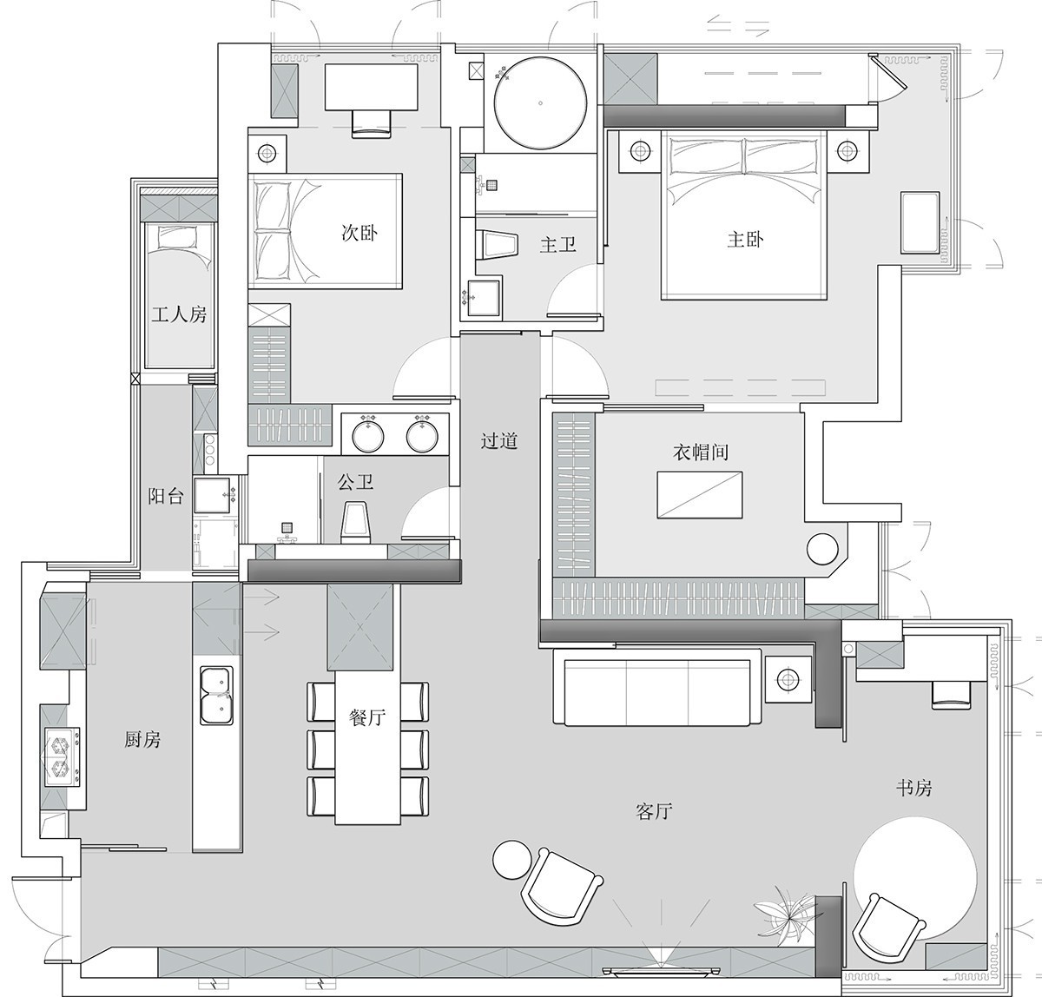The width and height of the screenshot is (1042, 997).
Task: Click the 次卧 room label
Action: pos(359,233)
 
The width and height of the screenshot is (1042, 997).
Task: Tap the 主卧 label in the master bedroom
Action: pos(745,240)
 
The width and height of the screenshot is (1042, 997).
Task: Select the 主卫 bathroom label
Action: pos(558,245)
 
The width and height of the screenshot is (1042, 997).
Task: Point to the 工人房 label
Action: pos(179,314)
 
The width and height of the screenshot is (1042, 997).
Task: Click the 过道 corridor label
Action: pos(499,440)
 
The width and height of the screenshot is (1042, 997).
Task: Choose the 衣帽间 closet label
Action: pos(701,452)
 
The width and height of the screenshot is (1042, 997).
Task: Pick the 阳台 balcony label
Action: pos(166,497)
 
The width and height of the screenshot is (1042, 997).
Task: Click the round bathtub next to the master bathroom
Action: pos(540,102)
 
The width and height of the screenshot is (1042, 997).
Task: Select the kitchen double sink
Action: pos(217,695)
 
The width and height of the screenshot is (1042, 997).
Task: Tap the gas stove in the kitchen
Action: pos(63,756)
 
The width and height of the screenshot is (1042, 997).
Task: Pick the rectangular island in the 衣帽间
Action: pos(700,494)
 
